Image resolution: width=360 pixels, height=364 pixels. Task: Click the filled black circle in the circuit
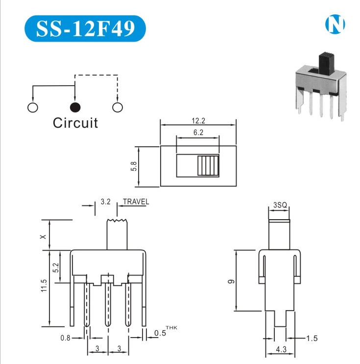click(x=75, y=107)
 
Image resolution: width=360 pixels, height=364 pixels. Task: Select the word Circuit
click(x=75, y=123)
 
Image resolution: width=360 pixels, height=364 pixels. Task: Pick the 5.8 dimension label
click(x=133, y=166)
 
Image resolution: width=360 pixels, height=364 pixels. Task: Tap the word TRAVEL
click(x=136, y=202)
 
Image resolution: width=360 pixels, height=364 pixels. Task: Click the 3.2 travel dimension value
click(x=105, y=202)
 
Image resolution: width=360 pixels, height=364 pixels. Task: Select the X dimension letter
click(x=44, y=236)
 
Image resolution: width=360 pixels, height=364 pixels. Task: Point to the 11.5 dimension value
click(x=44, y=286)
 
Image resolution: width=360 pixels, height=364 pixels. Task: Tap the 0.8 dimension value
click(x=65, y=338)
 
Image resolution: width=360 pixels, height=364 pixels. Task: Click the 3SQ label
click(x=279, y=205)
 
